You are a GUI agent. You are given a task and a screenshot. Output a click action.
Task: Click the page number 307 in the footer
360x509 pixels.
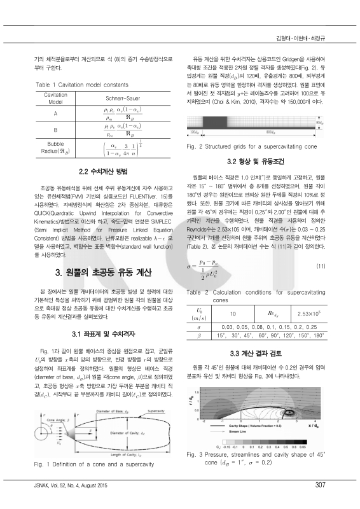tap(320, 485)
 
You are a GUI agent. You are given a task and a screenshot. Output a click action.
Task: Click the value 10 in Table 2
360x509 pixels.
tap(233, 313)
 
